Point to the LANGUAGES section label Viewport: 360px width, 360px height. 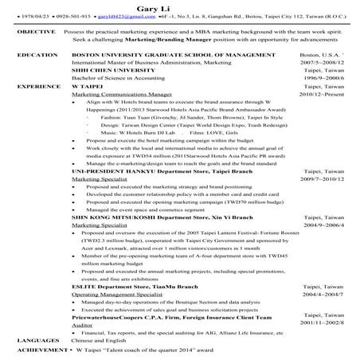(36, 339)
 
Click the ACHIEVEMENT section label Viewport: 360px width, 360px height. (39, 349)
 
